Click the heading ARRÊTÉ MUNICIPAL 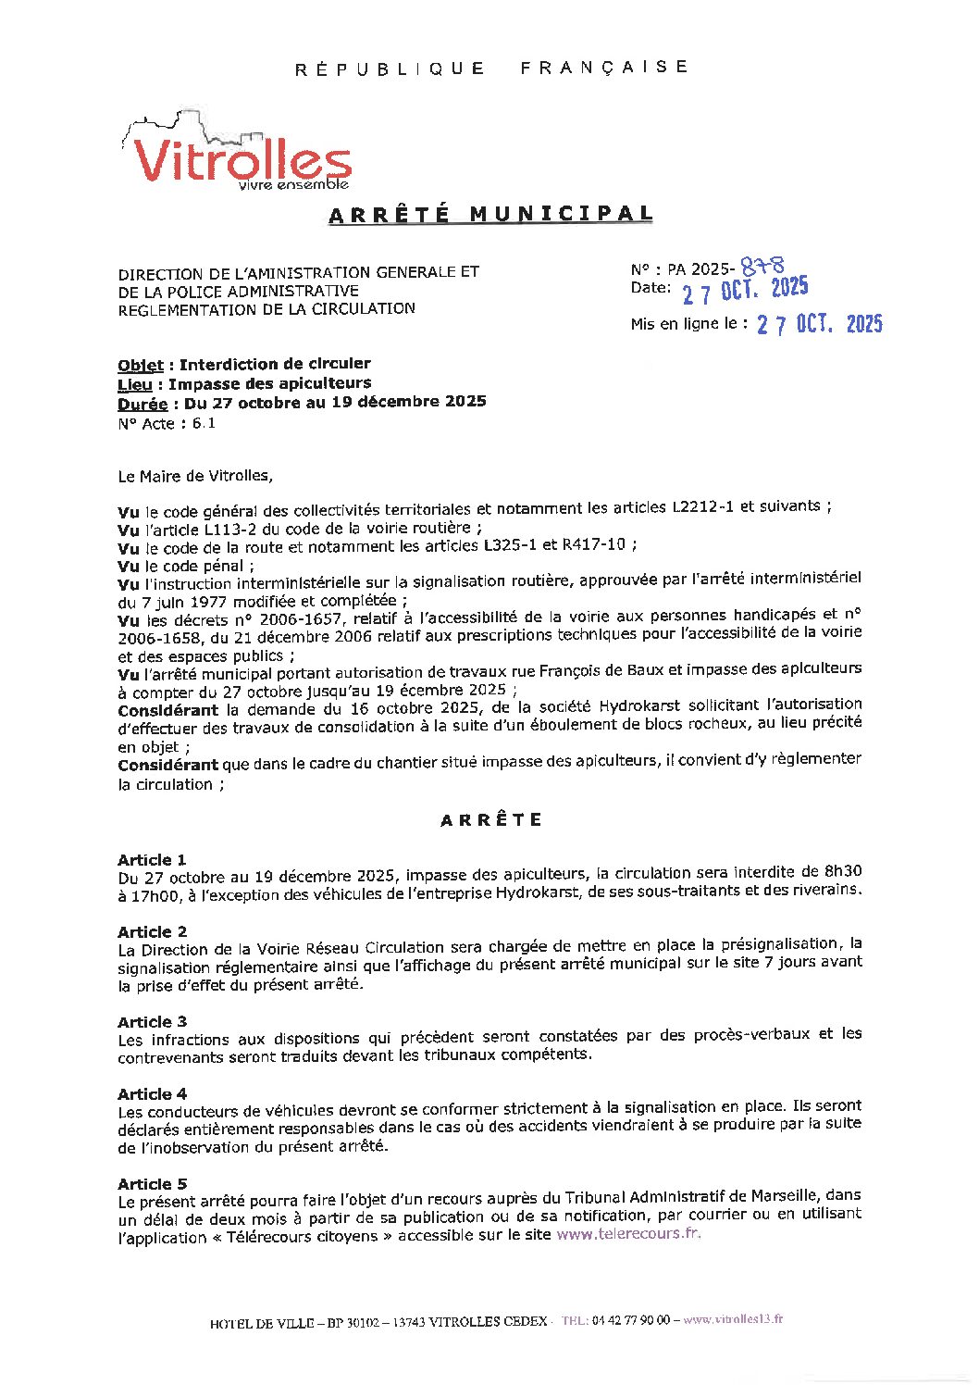491,215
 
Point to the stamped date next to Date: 745,291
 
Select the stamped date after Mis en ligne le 819,324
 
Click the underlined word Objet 141,365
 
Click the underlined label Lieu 135,384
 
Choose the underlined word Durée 143,404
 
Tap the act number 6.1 204,423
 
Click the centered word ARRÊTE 491,820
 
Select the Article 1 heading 152,860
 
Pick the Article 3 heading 152,1022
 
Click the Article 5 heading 152,1184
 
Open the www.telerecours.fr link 628,1234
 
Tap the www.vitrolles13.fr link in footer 733,1319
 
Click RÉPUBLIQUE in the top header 390,69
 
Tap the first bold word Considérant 167,710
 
